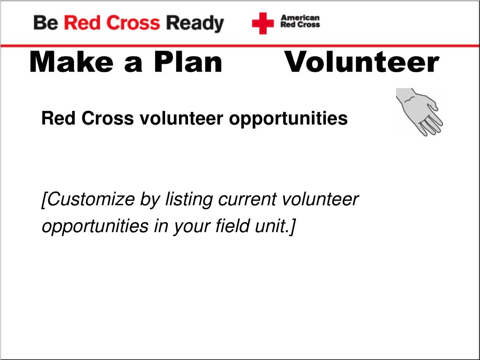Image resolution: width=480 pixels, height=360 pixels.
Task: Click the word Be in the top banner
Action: [45, 23]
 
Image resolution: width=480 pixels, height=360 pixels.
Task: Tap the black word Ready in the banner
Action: [195, 24]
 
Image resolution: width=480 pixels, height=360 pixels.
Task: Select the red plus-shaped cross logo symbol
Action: [262, 23]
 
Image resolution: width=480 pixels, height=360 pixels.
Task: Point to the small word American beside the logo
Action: [300, 18]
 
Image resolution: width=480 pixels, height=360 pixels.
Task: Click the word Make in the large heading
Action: [71, 62]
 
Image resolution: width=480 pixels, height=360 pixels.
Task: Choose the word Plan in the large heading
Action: [188, 62]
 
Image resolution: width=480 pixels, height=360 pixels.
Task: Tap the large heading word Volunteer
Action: [362, 62]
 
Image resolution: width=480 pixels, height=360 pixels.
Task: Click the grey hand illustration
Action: [419, 112]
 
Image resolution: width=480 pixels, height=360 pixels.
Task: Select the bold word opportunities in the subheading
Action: [288, 119]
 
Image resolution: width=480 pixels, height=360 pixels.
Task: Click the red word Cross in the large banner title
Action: [133, 23]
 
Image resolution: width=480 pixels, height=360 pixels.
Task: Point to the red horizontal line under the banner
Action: [240, 46]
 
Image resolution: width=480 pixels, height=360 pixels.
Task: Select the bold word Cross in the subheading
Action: [107, 118]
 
